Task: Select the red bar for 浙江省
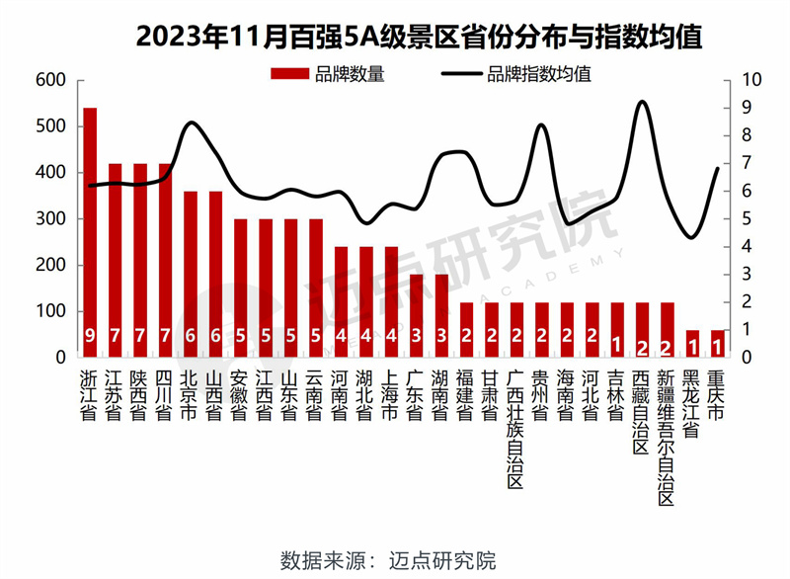[90, 232]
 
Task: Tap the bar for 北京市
[191, 274]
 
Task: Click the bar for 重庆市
[718, 343]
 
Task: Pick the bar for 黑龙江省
[692, 343]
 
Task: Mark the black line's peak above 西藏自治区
[643, 102]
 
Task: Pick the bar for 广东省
[416, 315]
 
